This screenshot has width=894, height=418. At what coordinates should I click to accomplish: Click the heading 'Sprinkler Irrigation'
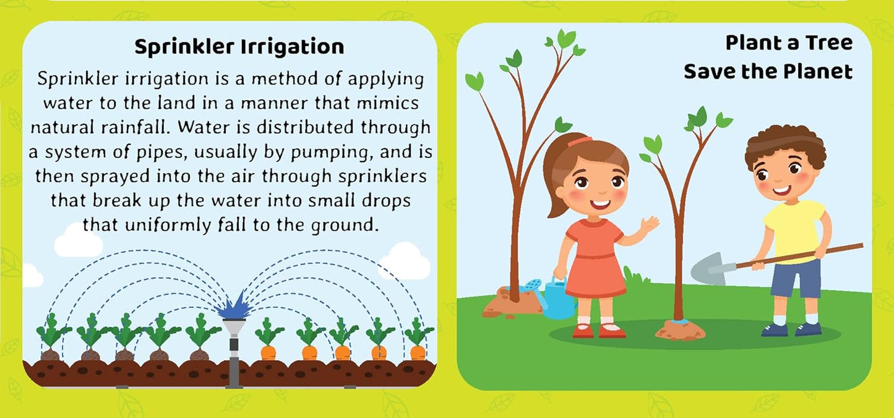[x=239, y=47]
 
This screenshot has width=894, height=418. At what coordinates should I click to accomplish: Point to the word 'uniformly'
[x=168, y=226]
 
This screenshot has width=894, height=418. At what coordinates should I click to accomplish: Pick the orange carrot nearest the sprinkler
[x=269, y=352]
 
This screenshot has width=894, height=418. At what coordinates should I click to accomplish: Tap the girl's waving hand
[x=649, y=224]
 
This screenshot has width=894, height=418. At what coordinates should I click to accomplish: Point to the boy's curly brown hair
[x=785, y=143]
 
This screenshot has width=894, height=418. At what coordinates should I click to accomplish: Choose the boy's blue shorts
[x=796, y=278]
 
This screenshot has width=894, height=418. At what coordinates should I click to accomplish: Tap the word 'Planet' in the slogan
[x=818, y=72]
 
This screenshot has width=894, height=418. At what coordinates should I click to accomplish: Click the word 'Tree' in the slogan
[x=828, y=43]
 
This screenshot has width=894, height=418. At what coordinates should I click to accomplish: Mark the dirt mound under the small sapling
[x=680, y=331]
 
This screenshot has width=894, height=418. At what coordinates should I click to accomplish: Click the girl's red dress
[x=595, y=259]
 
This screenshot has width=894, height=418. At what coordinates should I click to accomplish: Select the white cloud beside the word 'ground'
[x=78, y=242]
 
